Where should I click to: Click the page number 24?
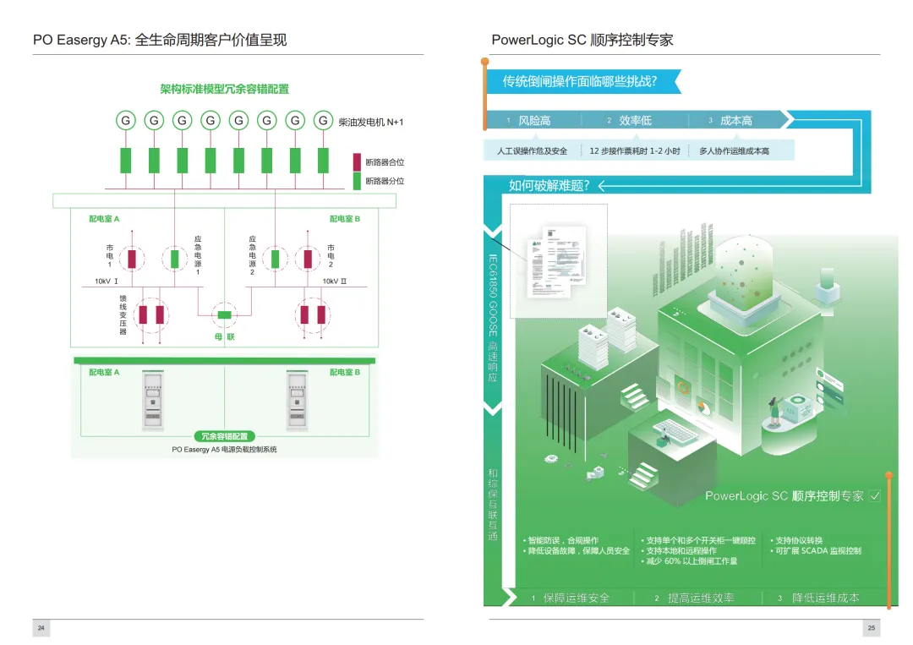point(41,628)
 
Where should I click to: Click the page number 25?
point(872,628)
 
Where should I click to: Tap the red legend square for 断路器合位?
point(357,162)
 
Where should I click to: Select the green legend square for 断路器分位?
point(357,181)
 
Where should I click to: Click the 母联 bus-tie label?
point(224,338)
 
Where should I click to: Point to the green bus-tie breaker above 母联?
point(224,315)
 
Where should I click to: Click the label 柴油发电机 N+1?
point(370,122)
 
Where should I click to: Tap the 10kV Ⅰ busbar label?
point(107,282)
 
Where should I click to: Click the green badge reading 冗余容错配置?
point(224,436)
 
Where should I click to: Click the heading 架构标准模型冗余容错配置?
point(224,89)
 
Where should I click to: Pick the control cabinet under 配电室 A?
point(153,401)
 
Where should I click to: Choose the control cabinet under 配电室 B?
point(295,401)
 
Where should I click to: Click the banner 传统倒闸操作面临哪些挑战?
point(580,82)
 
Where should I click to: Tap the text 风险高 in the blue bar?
point(534,121)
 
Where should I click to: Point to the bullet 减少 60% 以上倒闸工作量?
point(689,561)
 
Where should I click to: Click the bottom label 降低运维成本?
point(825,598)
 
